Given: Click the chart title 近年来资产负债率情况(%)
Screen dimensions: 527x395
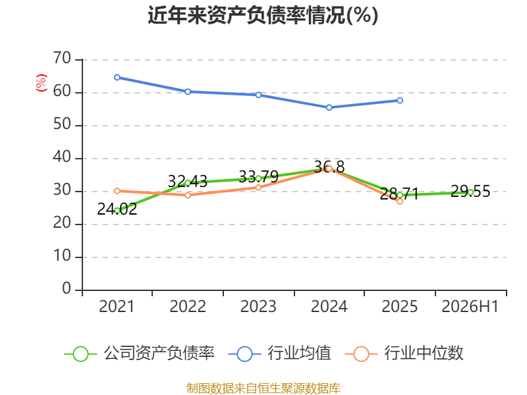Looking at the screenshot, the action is [x=263, y=15].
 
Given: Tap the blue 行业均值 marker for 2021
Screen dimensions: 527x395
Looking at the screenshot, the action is [x=117, y=78].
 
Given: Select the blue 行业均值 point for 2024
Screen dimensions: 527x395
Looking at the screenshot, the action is [x=329, y=107].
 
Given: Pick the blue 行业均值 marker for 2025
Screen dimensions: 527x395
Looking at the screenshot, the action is [x=400, y=101].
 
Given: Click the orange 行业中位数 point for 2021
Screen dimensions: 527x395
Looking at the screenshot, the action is [x=117, y=191].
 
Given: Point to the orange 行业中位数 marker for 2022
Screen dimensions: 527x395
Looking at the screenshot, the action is [x=188, y=195].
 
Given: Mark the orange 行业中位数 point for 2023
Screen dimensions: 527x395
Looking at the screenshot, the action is [x=258, y=188].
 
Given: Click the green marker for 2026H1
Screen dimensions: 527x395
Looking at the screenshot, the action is [x=470, y=192].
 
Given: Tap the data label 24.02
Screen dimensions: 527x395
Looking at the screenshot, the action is [x=117, y=209].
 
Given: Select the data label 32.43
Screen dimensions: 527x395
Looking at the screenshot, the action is [x=188, y=182].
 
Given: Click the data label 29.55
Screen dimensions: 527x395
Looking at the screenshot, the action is [x=470, y=191].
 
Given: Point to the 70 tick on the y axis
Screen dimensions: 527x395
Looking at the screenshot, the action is [x=62, y=58].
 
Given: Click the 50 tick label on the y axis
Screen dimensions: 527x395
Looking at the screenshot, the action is [x=62, y=124].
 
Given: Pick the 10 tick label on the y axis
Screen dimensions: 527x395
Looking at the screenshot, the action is [x=62, y=256].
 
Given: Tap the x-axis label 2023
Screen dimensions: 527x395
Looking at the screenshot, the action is [x=258, y=306].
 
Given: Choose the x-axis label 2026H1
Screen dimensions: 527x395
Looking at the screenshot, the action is [x=470, y=306].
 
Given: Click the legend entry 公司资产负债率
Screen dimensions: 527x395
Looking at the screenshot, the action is [x=140, y=354].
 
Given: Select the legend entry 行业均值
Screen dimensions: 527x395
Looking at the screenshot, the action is [x=279, y=354].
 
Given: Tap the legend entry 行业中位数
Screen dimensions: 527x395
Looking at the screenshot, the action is [x=404, y=354].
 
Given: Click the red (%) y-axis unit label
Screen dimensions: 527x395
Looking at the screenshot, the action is [x=41, y=83].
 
